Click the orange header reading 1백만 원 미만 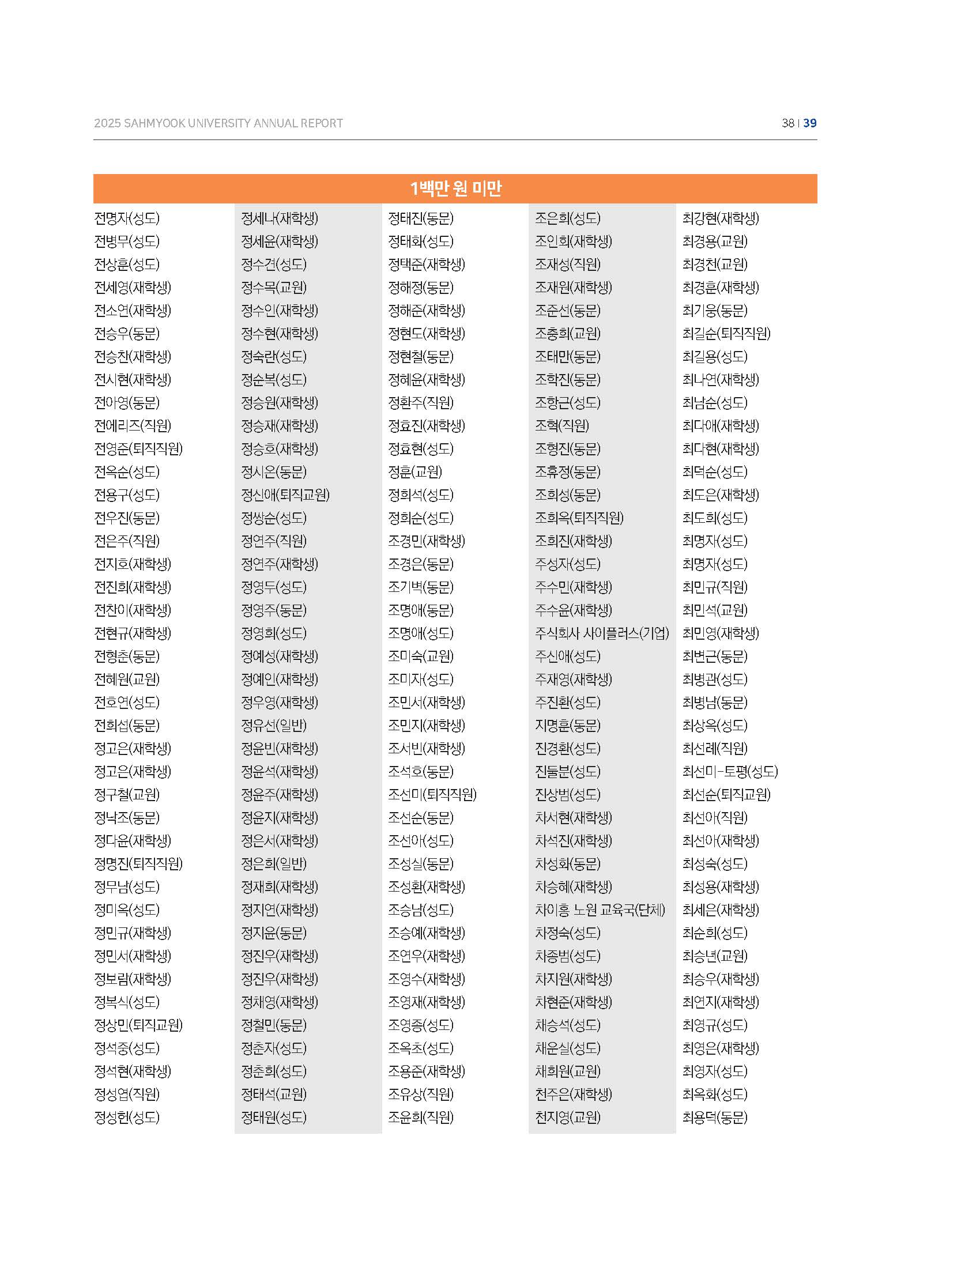click(x=455, y=188)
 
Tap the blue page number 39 click(x=810, y=123)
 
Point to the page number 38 click(x=788, y=123)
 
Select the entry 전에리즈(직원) click(x=133, y=426)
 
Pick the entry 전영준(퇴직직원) click(x=138, y=449)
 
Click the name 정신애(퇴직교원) click(x=285, y=495)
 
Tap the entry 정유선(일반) click(x=273, y=726)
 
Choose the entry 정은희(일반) click(x=273, y=864)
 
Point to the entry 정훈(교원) click(x=414, y=472)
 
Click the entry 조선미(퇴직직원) click(x=432, y=795)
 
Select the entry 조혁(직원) click(x=561, y=426)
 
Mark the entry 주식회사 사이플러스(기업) click(x=601, y=633)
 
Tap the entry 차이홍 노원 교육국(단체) click(x=600, y=910)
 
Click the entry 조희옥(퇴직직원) click(x=579, y=518)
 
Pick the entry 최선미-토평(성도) click(x=730, y=772)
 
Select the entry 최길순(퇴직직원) click(x=726, y=334)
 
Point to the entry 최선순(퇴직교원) click(x=726, y=795)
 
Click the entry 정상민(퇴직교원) click(x=138, y=1025)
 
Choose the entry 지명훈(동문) click(x=567, y=726)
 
